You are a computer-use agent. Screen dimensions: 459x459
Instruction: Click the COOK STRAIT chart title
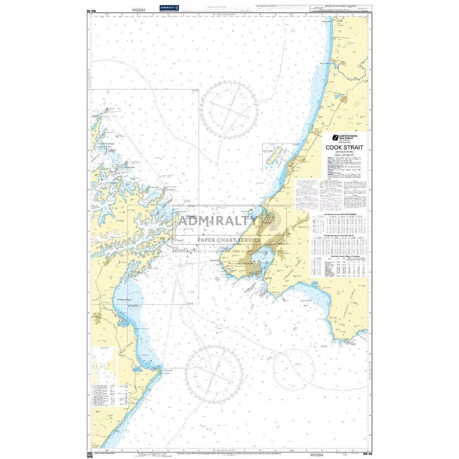coord(344,147)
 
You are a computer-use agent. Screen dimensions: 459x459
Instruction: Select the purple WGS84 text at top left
coord(138,11)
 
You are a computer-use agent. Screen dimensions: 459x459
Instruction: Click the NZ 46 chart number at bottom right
coord(367,454)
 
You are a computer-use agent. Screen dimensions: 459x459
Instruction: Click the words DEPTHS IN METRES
coord(344,152)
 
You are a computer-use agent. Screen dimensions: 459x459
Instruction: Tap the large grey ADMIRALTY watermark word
coord(217,220)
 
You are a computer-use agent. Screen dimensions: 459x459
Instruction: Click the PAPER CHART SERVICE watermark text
coord(229,240)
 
